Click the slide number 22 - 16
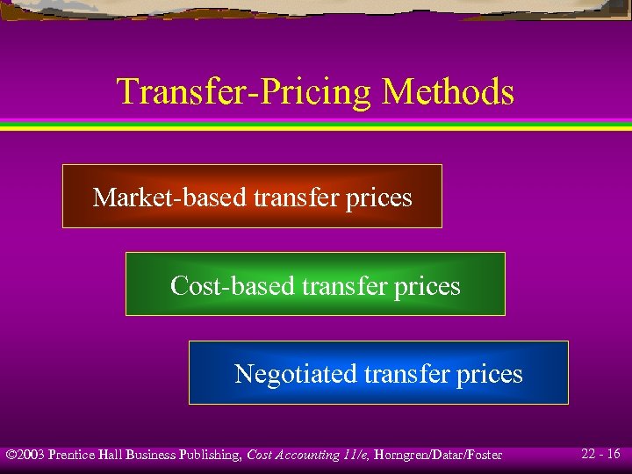pyautogui.click(x=600, y=454)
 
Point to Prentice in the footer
pyautogui.click(x=72, y=455)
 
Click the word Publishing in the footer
pyautogui.click(x=210, y=455)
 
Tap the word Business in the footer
pyautogui.click(x=150, y=455)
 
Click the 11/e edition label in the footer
pyautogui.click(x=356, y=455)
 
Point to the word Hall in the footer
pyautogui.click(x=111, y=455)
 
